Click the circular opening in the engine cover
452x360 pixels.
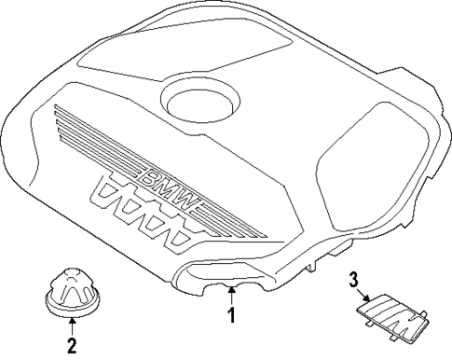[199, 98]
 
